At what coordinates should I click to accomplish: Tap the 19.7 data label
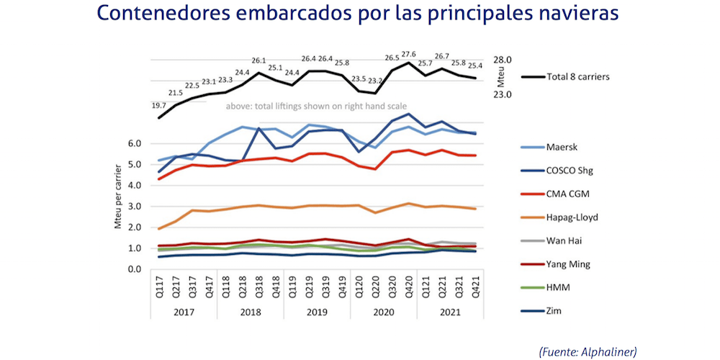[x=158, y=107]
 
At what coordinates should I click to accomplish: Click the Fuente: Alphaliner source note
[x=587, y=351]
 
